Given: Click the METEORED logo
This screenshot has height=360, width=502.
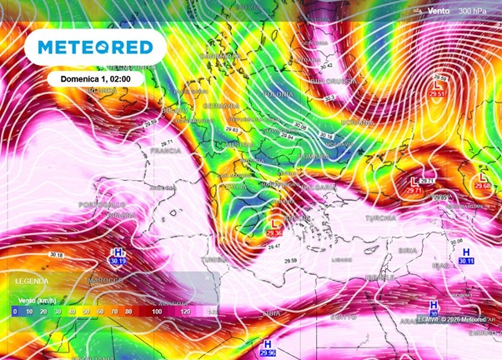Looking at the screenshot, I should click(90, 47).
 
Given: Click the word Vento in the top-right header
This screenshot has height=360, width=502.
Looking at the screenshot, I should click(439, 10).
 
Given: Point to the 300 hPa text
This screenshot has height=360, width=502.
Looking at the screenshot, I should click(474, 10).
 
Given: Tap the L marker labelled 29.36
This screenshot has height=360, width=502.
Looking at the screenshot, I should click(275, 225).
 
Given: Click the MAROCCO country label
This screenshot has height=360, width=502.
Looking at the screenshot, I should click(105, 280).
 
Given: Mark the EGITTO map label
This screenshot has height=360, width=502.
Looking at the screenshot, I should click(343, 317).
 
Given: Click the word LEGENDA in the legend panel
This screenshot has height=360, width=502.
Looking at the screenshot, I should click(33, 282).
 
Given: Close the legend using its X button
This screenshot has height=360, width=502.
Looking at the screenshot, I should click(208, 278).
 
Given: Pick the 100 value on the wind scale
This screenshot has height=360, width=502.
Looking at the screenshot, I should click(156, 311).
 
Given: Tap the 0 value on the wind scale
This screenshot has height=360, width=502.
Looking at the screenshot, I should click(15, 311).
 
